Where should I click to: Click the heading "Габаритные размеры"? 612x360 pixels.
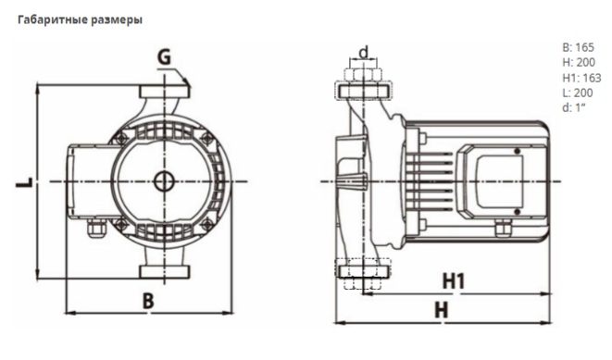[x=80, y=19]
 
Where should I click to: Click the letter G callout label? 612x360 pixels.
[x=164, y=57]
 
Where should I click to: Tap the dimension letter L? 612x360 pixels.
[x=25, y=181]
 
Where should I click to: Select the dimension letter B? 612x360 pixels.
[x=148, y=301]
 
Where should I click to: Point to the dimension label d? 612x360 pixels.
[x=364, y=52]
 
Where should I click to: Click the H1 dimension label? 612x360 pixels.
[x=454, y=280]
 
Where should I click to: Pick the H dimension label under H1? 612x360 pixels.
[x=442, y=310]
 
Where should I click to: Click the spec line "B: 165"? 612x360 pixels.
[x=578, y=47]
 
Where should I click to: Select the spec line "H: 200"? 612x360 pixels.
[x=579, y=62]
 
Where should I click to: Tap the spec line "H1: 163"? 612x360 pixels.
[x=581, y=78]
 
